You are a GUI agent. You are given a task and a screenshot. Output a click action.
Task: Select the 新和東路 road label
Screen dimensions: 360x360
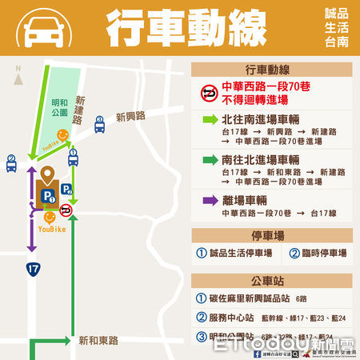99,340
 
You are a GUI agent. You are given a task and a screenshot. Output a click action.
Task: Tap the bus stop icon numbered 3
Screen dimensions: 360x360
100,124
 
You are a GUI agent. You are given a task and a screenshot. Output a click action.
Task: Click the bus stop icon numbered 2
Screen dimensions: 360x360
11,162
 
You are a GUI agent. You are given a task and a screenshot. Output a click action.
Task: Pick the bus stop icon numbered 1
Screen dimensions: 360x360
72,157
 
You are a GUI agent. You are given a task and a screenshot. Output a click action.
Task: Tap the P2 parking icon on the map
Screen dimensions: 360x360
67,190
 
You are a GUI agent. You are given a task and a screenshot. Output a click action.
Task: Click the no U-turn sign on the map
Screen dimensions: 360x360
66,210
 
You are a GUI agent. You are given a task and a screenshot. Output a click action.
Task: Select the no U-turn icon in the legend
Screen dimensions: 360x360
208,94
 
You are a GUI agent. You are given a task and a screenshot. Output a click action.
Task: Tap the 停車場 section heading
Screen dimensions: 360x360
271,235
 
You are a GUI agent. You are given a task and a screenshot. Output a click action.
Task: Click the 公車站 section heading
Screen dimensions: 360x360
271,282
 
